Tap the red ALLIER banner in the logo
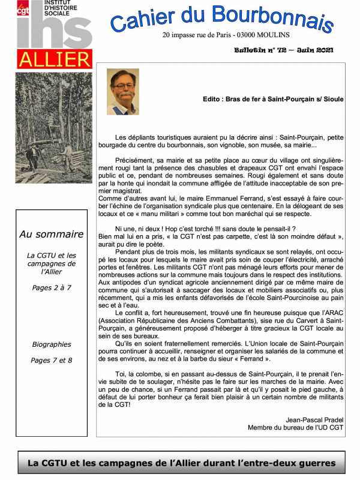pos(55,59)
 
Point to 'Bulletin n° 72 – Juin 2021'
pos(284,51)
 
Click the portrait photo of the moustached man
pos(122,92)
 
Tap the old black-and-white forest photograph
pos(53,134)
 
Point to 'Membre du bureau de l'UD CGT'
pos(296,427)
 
